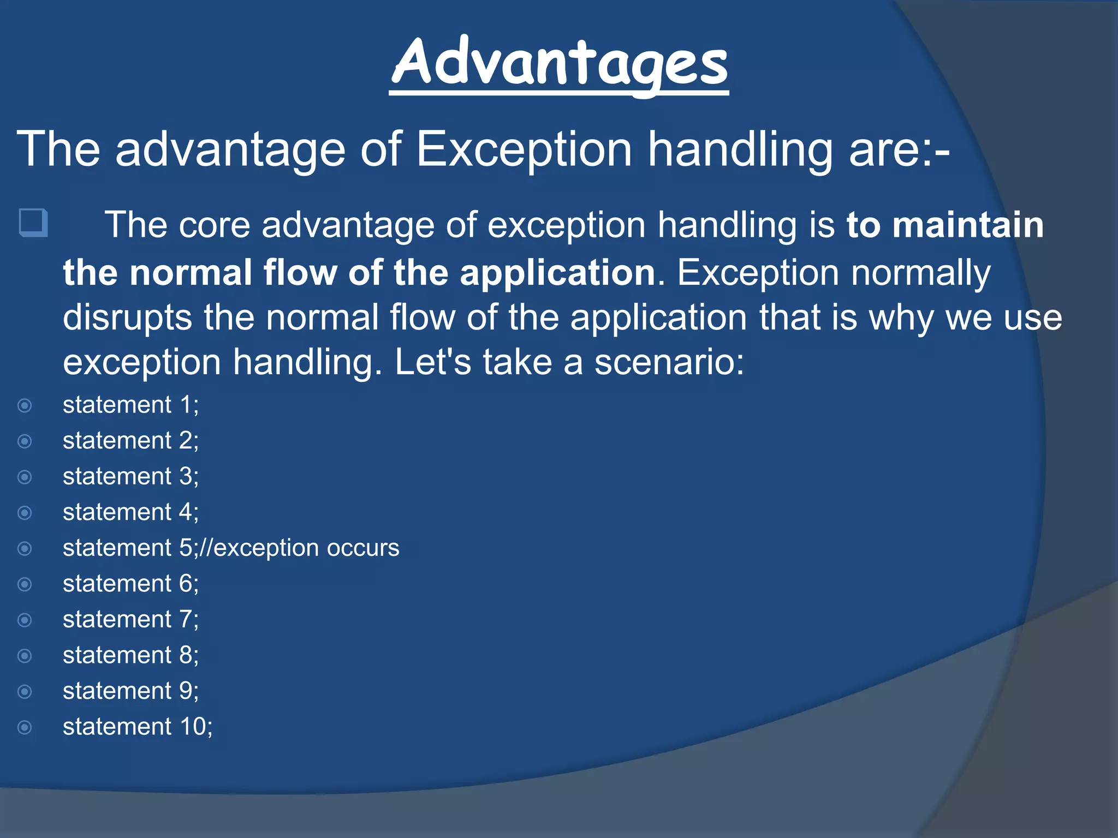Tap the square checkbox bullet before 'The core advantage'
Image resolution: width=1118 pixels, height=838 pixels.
pos(33,223)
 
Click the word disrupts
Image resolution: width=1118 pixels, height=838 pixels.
pos(127,318)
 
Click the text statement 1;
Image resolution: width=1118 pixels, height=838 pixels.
pos(130,405)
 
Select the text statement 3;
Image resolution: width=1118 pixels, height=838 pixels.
pos(130,476)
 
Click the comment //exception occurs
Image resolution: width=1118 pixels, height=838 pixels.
pos(300,548)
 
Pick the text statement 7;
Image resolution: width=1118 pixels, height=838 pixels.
pos(130,619)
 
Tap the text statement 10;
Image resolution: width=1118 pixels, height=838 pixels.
pos(138,727)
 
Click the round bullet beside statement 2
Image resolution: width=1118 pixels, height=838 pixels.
pos(25,441)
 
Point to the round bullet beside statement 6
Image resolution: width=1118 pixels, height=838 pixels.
pos(25,584)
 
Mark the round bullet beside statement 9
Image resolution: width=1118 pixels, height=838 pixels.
pos(25,692)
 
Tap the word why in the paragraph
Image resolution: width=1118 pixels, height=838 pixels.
pos(901,318)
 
